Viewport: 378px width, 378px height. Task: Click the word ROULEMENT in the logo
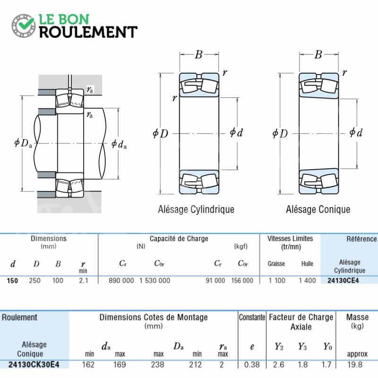click(x=88, y=32)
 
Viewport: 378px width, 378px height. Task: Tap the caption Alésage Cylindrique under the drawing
click(x=196, y=209)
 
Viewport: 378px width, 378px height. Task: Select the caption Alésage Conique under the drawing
click(x=318, y=209)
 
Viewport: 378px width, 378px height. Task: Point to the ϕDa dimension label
click(x=23, y=143)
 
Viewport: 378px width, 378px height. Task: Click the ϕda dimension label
click(x=119, y=144)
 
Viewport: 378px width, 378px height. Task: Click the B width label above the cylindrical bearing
click(x=198, y=54)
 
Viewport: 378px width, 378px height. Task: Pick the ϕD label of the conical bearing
click(x=280, y=133)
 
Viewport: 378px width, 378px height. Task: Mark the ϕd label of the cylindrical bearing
click(x=236, y=132)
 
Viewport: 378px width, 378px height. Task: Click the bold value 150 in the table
click(x=12, y=281)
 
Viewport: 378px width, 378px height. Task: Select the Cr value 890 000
click(x=121, y=281)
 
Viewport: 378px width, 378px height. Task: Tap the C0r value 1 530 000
click(x=155, y=281)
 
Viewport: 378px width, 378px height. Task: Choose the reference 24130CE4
click(x=343, y=281)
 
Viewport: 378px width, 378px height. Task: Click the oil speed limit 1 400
click(x=307, y=281)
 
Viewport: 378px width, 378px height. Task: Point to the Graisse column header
click(x=276, y=264)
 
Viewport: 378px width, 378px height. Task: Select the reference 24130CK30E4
click(x=34, y=364)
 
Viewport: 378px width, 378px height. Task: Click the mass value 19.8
click(x=355, y=364)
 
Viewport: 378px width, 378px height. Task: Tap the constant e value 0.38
click(x=252, y=364)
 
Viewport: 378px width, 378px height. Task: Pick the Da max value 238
click(x=157, y=364)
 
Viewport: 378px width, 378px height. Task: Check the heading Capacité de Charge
click(x=179, y=239)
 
